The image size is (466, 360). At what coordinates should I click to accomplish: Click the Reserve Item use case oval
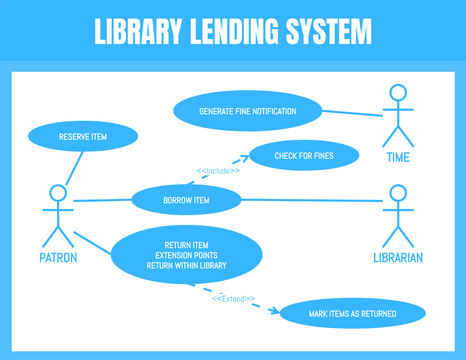click(x=83, y=136)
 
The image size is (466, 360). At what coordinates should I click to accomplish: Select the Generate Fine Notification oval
click(x=247, y=110)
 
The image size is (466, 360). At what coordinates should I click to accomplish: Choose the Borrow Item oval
click(x=187, y=200)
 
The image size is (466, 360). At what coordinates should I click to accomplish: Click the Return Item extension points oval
click(x=186, y=255)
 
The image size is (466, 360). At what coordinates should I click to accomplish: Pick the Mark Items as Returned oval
click(x=338, y=314)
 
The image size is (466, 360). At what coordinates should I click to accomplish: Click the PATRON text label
click(x=59, y=257)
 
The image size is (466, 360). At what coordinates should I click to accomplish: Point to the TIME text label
click(x=398, y=157)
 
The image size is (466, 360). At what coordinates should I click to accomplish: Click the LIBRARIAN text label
click(x=398, y=257)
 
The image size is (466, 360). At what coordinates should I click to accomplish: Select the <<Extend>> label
click(x=233, y=298)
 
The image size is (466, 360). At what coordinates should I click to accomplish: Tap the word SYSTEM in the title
click(x=326, y=32)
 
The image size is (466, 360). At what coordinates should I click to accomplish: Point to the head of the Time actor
click(x=399, y=95)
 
